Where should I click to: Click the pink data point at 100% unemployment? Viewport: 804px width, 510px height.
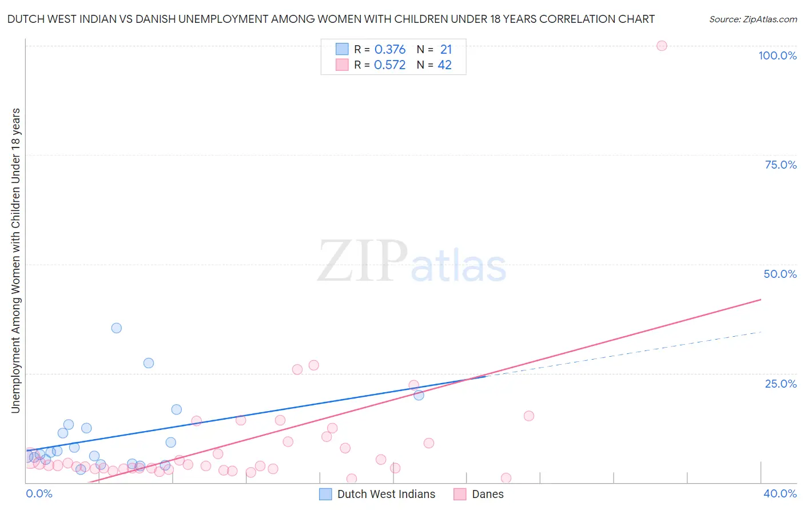[x=662, y=46]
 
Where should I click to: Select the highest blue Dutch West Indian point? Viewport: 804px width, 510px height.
[x=116, y=328]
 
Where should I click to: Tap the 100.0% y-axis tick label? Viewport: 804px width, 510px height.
[x=777, y=55]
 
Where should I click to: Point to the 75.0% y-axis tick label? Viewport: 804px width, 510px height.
[x=781, y=165]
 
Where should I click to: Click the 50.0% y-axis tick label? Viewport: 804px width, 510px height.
[x=780, y=274]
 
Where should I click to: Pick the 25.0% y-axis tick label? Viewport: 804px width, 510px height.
[x=781, y=384]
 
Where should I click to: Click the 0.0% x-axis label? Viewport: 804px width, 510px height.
[x=39, y=493]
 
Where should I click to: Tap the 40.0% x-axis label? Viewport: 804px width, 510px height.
[x=780, y=493]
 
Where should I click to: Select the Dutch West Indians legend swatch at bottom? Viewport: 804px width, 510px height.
[x=325, y=494]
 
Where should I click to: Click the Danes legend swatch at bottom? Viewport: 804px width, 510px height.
[x=460, y=494]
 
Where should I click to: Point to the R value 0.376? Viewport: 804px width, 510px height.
[x=390, y=50]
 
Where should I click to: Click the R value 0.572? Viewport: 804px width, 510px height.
[x=390, y=65]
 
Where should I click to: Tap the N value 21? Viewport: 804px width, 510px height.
[x=446, y=50]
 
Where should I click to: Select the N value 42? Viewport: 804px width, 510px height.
[x=445, y=65]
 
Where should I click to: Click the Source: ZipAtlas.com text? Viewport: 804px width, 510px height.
[x=753, y=19]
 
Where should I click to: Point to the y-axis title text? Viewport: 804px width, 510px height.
[x=15, y=260]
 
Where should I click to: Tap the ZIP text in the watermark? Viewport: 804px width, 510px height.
[x=362, y=261]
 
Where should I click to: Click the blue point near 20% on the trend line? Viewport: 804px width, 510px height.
[x=419, y=395]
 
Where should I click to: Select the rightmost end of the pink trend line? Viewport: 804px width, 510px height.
[x=761, y=299]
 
